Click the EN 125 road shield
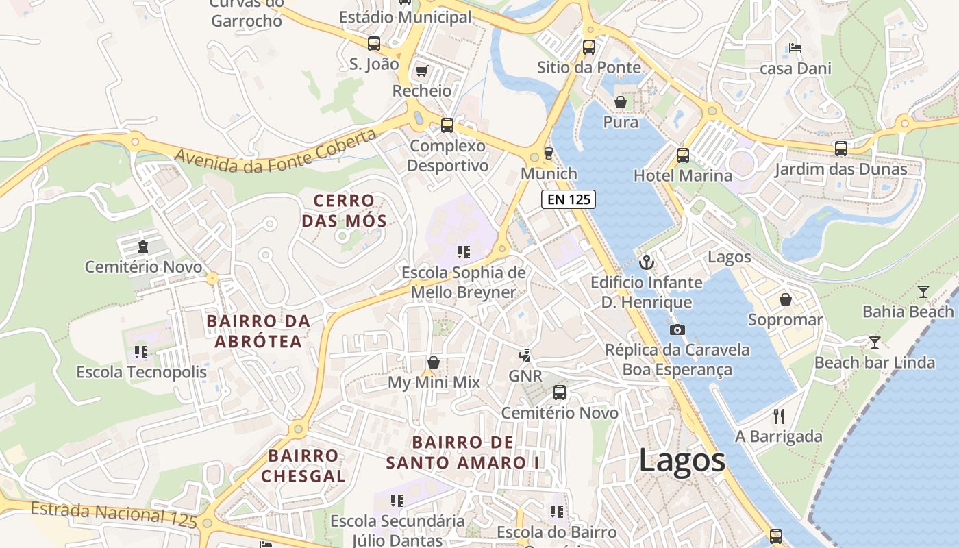pyautogui.click(x=569, y=199)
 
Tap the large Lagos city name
pyautogui.click(x=682, y=460)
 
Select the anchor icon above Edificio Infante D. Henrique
pyautogui.click(x=646, y=262)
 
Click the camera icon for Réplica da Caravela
pyautogui.click(x=677, y=329)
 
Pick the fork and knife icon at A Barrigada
pyautogui.click(x=778, y=416)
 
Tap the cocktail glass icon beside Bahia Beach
pyautogui.click(x=923, y=292)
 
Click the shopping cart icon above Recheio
pyautogui.click(x=421, y=71)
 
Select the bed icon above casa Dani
pyautogui.click(x=795, y=48)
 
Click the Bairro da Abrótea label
pyautogui.click(x=258, y=331)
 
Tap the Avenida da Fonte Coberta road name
pyautogui.click(x=275, y=151)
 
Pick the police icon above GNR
pyautogui.click(x=525, y=355)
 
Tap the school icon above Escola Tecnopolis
pyautogui.click(x=141, y=352)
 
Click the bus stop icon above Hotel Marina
pyautogui.click(x=682, y=155)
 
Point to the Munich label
pyautogui.click(x=549, y=174)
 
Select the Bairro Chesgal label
pyautogui.click(x=303, y=466)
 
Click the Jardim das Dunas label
pyautogui.click(x=840, y=169)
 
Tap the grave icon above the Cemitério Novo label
pyautogui.click(x=143, y=246)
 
